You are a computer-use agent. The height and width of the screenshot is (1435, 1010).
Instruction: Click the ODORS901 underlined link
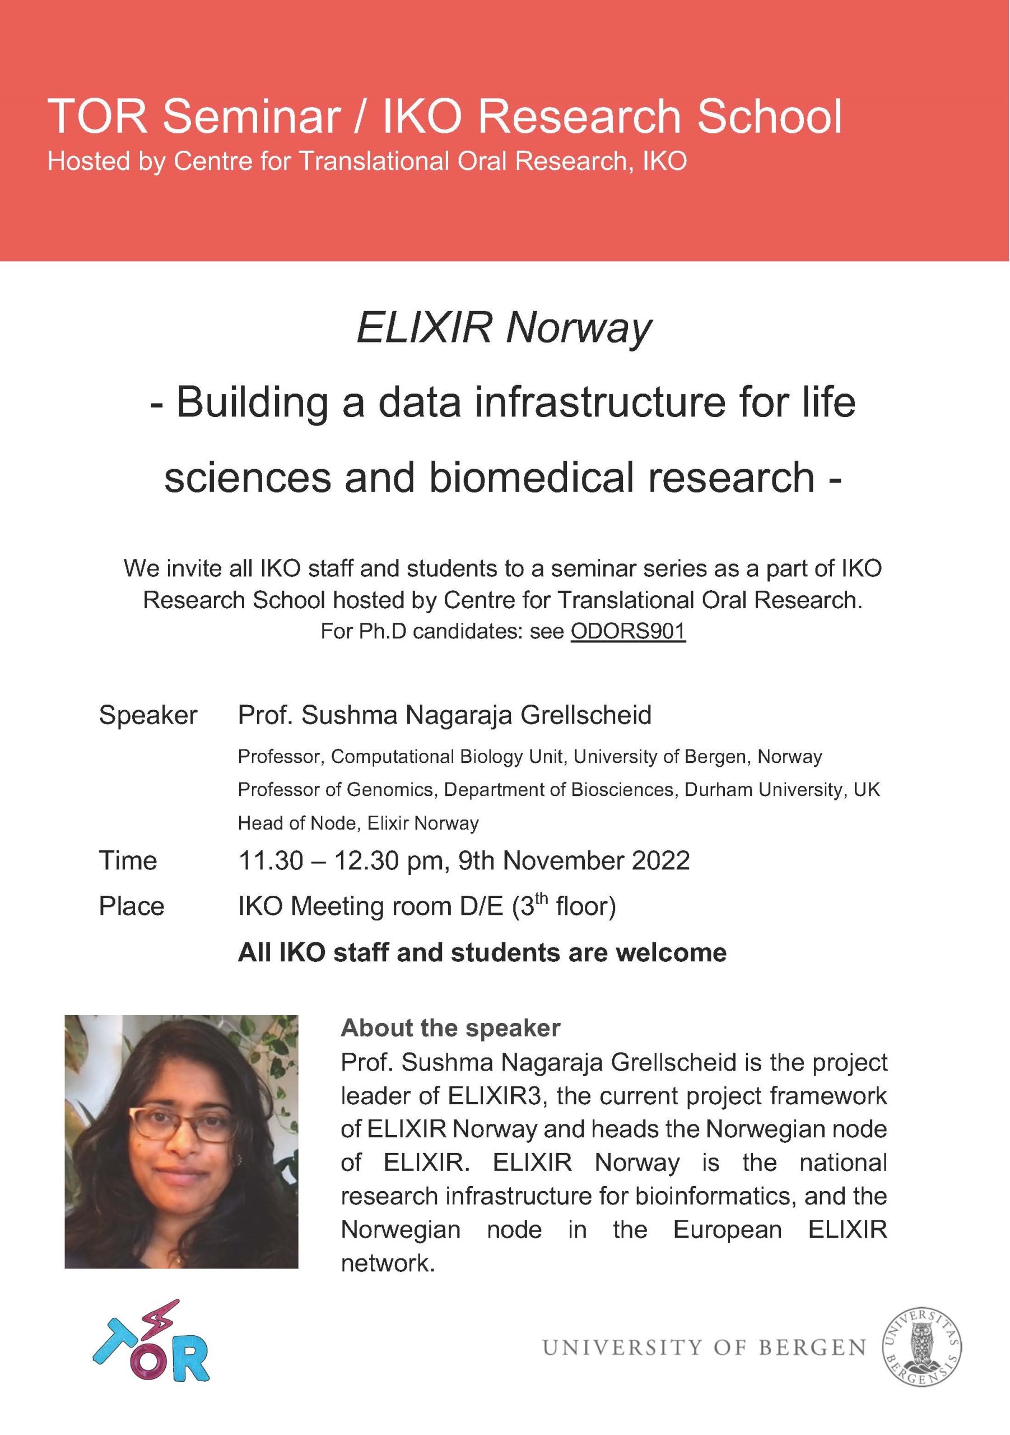tap(628, 631)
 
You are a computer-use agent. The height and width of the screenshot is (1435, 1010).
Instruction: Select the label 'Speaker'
tap(148, 715)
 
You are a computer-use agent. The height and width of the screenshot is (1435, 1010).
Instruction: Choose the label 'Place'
tap(132, 906)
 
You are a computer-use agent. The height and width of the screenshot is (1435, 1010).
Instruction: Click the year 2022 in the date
tap(660, 860)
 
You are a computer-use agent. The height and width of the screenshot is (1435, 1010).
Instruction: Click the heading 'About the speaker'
tap(450, 1028)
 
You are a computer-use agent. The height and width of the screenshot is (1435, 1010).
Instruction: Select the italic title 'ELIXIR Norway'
tap(504, 328)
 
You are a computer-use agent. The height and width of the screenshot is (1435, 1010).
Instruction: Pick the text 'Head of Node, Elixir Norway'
tap(358, 823)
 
